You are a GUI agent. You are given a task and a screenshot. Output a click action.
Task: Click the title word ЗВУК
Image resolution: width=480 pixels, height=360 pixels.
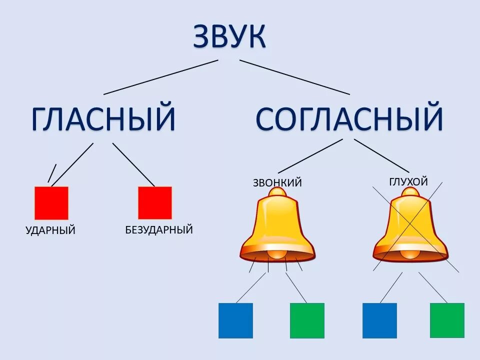point(229,35)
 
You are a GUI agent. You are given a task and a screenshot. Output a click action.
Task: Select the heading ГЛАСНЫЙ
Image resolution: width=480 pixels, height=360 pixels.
point(103,118)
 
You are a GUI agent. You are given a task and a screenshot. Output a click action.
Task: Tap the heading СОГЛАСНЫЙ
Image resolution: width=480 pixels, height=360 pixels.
point(349,118)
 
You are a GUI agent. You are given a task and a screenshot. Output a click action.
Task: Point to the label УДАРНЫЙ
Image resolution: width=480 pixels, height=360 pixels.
point(50,230)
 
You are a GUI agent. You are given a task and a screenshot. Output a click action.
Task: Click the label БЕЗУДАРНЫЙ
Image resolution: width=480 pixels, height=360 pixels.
point(159,230)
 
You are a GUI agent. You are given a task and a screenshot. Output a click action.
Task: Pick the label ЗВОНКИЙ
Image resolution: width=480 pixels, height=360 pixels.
point(277,182)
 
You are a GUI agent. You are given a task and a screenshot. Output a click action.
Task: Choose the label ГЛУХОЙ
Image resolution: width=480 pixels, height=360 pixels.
point(408,182)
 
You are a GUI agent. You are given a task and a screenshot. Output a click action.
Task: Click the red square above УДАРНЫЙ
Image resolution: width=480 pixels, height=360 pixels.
point(51,203)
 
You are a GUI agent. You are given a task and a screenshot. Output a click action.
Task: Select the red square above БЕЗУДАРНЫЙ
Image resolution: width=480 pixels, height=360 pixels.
point(155,203)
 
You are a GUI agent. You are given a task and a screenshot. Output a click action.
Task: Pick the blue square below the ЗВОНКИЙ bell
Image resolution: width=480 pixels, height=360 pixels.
point(235,320)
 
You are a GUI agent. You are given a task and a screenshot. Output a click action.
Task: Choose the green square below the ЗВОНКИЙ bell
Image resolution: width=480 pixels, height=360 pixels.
point(307,320)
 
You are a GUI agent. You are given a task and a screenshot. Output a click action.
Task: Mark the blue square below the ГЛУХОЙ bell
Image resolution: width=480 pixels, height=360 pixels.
point(379,320)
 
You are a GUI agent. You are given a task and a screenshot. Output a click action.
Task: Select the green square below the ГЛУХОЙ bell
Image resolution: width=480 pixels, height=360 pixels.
point(447,320)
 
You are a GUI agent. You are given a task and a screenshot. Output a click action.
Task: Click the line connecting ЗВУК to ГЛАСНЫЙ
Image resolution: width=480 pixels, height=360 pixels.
point(161,77)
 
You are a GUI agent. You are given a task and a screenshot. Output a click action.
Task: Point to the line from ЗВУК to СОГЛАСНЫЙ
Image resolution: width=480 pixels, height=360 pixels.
point(294,77)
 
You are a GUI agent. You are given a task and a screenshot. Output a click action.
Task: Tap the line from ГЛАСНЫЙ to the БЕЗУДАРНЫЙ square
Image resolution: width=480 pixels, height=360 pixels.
point(133,164)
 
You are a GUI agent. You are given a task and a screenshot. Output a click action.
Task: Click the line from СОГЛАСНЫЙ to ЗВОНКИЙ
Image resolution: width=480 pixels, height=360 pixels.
point(310,156)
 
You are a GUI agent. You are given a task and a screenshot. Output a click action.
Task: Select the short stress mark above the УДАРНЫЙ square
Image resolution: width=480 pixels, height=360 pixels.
point(52,173)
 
